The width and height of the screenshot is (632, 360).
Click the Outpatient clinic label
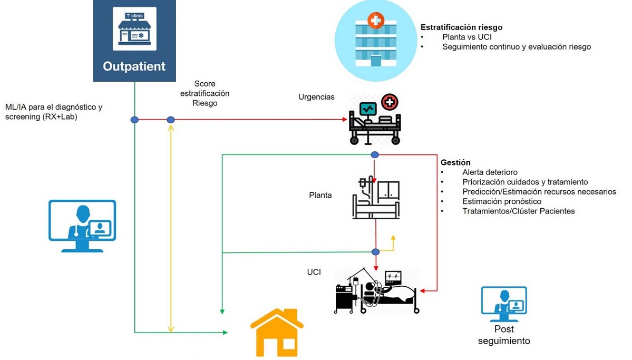click(x=134, y=66)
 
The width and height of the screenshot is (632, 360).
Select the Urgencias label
click(x=316, y=97)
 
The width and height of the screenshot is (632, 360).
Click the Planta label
click(x=320, y=195)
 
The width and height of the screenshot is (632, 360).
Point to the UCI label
click(x=314, y=272)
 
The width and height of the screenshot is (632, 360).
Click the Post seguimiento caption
click(x=504, y=335)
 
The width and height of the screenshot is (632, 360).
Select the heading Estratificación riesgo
click(x=461, y=27)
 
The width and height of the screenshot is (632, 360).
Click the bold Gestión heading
click(x=455, y=162)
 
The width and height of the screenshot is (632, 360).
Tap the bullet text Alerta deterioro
click(x=490, y=172)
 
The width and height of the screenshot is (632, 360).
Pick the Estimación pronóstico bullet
click(x=502, y=201)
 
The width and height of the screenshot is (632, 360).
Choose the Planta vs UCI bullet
click(x=467, y=37)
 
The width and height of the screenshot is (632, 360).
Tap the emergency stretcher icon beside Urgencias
click(x=374, y=120)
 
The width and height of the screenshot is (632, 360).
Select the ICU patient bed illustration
click(x=377, y=291)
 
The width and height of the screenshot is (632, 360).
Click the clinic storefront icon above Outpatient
click(x=134, y=29)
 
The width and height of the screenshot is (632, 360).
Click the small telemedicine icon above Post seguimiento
click(x=504, y=304)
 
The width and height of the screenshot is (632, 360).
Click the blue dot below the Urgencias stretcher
click(x=375, y=155)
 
